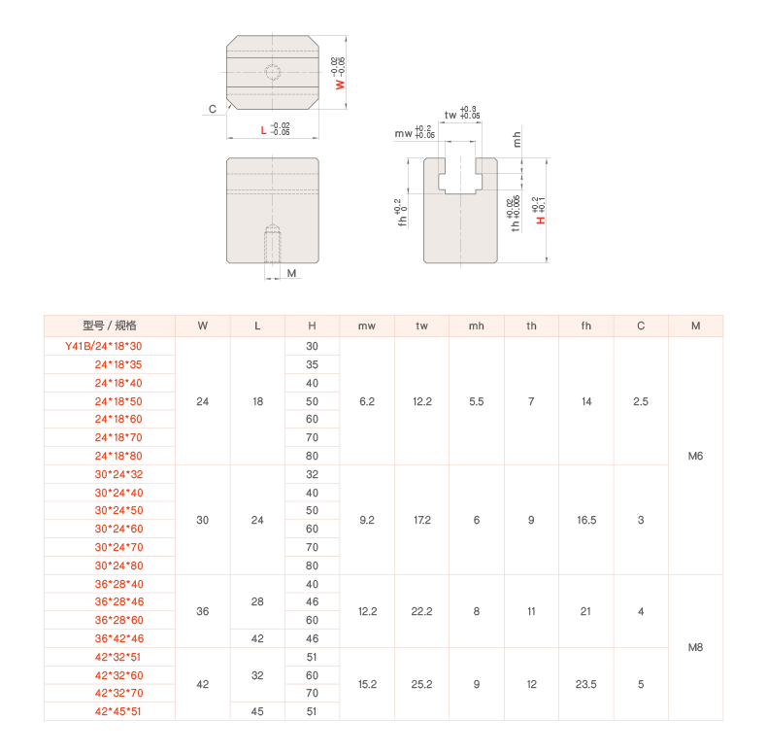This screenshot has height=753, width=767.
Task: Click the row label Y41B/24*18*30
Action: [x=103, y=346]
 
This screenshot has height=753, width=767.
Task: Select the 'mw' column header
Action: [x=366, y=326]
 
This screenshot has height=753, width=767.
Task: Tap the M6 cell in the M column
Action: [x=695, y=456]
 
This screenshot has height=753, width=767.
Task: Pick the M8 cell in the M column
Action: [x=695, y=647]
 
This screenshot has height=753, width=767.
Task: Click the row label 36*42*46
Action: [x=118, y=638]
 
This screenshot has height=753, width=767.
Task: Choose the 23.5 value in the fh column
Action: [x=585, y=684]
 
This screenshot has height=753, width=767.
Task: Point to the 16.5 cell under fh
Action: [x=586, y=520]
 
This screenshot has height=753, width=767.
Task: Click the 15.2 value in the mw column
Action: [x=367, y=684]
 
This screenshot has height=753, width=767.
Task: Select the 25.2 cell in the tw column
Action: [x=421, y=684]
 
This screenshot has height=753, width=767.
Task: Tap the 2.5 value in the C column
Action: [x=641, y=401]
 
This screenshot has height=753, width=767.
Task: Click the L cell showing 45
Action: [x=257, y=711]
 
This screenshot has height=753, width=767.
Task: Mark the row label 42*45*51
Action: [x=117, y=711]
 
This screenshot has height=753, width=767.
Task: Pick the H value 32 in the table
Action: [x=312, y=474]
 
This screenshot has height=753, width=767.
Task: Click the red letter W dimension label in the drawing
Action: [x=340, y=85]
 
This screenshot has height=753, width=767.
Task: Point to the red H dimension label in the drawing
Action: [x=541, y=221]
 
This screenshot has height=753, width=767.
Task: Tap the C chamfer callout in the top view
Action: [x=213, y=109]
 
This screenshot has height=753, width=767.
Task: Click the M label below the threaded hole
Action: [x=291, y=273]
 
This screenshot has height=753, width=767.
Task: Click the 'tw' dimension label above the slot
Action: [x=450, y=115]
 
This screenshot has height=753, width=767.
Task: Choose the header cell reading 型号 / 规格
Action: [x=110, y=325]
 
